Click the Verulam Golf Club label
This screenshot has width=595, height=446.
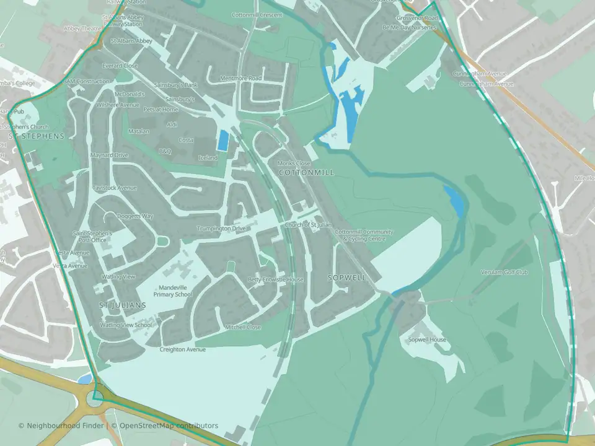pyautogui.click(x=504, y=272)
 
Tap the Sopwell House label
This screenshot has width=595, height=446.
pyautogui.click(x=427, y=340)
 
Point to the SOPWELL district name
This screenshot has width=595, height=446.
pyautogui.click(x=347, y=278)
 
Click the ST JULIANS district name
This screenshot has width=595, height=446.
pyautogui.click(x=123, y=305)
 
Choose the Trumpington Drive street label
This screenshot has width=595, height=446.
pyautogui.click(x=221, y=229)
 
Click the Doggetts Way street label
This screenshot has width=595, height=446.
pyautogui.click(x=135, y=216)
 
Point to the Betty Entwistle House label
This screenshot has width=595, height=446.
pyautogui.click(x=276, y=279)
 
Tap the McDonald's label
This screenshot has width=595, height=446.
pyautogui.click(x=130, y=94)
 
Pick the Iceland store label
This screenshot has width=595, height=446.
pyautogui.click(x=208, y=158)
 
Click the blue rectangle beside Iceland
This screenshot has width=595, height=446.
pyautogui.click(x=222, y=140)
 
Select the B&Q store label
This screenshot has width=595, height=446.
pyautogui.click(x=165, y=151)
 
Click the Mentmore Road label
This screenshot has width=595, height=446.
pyautogui.click(x=241, y=79)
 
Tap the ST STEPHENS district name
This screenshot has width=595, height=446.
pyautogui.click(x=37, y=135)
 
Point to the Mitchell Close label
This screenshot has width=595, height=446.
pyautogui.click(x=243, y=327)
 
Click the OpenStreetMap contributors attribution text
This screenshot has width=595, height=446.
pyautogui.click(x=169, y=426)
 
